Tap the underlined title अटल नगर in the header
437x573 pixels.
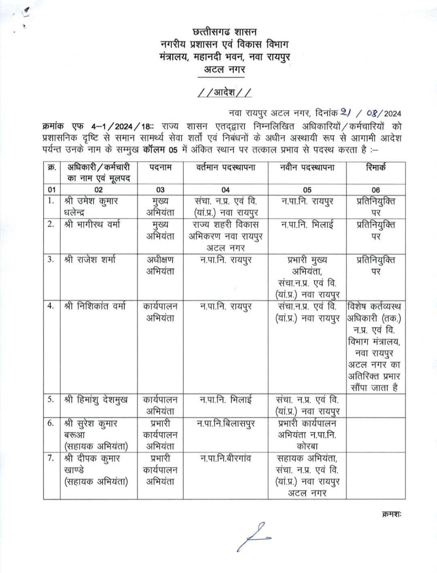[225, 70]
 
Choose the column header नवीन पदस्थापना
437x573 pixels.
[307, 168]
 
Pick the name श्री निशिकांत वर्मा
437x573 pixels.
[95, 307]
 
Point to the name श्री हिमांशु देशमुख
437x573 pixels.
[96, 400]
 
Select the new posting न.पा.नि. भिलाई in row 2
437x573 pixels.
[307, 224]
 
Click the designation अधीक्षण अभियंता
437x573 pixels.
[160, 265]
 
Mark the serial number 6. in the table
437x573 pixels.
[51, 423]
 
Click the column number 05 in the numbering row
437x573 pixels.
[307, 189]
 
